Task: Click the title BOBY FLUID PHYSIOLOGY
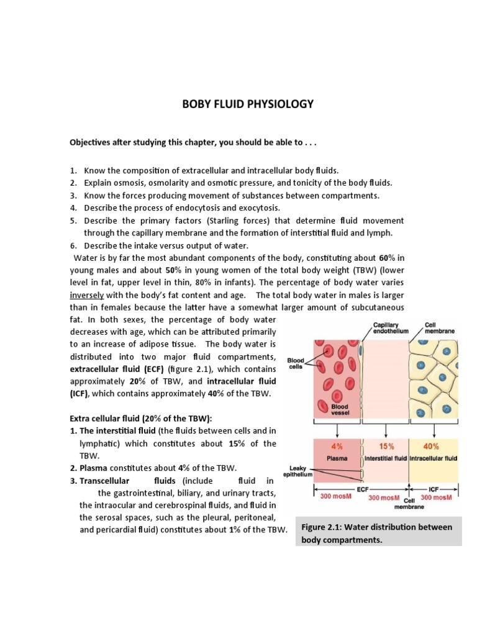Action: tap(248, 104)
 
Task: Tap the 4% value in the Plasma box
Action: tap(337, 446)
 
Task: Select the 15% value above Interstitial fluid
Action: tap(386, 446)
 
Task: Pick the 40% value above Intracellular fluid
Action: tap(432, 446)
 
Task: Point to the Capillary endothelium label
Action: tap(391, 327)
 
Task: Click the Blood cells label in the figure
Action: tap(296, 363)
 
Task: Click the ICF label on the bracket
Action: tap(434, 488)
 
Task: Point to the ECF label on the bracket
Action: tap(362, 488)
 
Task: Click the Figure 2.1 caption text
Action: tap(377, 533)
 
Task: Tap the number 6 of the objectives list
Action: tap(73, 245)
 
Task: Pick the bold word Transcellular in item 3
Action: tap(104, 481)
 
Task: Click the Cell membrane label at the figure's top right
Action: tap(440, 327)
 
